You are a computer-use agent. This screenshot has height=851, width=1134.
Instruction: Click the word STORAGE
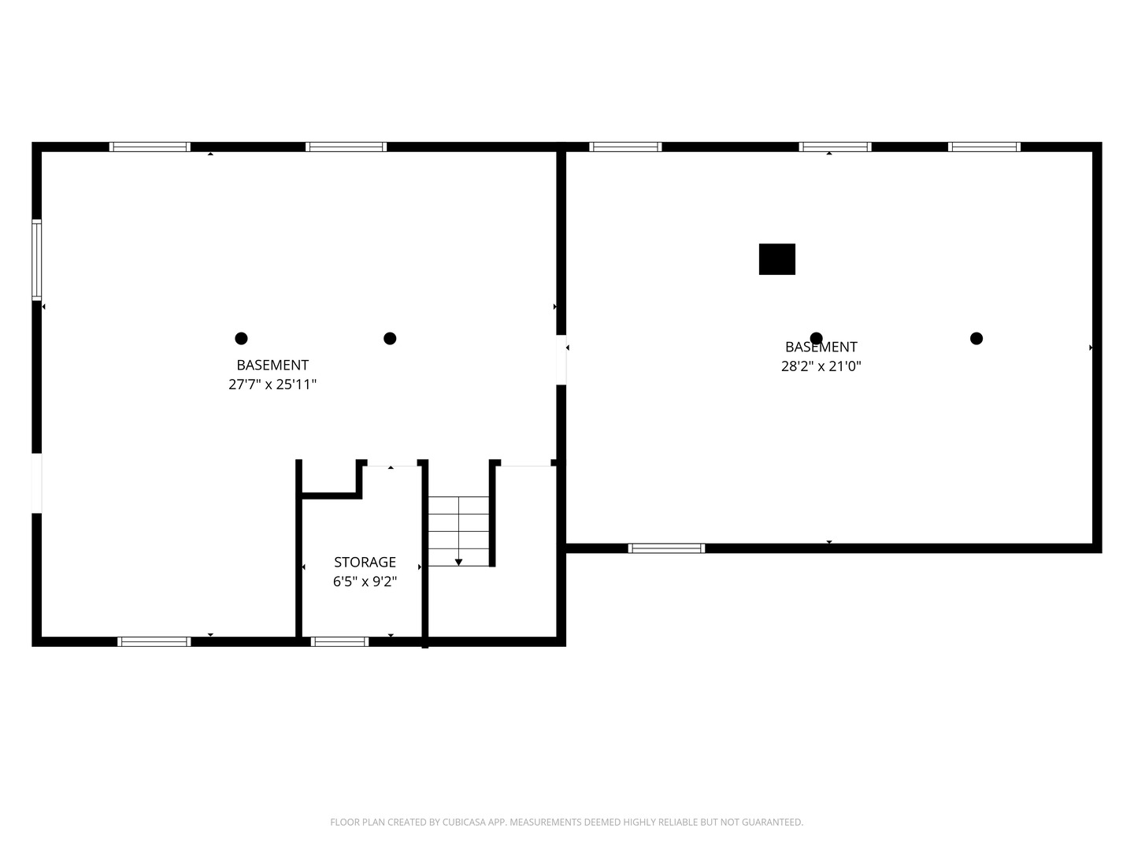(365, 562)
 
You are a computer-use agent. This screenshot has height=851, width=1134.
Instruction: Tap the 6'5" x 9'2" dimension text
(365, 582)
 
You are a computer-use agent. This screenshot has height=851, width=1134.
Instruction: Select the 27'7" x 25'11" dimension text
(272, 385)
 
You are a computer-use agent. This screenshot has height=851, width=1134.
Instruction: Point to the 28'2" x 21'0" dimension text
(821, 366)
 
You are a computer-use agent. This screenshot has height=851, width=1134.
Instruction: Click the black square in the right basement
(776, 259)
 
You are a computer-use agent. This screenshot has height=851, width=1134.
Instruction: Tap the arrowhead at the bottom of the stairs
(458, 562)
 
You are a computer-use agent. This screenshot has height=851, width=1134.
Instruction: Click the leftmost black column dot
(241, 339)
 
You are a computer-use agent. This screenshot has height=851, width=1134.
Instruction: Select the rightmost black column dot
(976, 339)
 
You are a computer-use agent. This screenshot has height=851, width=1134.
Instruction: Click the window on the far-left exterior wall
(36, 260)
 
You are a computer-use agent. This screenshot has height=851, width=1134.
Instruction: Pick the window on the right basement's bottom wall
(666, 548)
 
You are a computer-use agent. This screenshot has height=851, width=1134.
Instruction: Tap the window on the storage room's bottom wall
(339, 641)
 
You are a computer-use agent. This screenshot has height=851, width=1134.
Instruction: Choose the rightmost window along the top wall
(984, 147)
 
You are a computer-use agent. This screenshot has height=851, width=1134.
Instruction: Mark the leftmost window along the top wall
(150, 147)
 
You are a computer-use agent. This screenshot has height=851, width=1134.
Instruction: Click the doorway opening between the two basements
(561, 359)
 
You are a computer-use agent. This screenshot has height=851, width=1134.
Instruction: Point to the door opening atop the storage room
(391, 463)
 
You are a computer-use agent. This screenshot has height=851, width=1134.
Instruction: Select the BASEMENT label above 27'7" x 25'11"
(272, 365)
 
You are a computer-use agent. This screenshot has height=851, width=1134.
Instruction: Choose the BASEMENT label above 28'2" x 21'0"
(821, 347)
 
